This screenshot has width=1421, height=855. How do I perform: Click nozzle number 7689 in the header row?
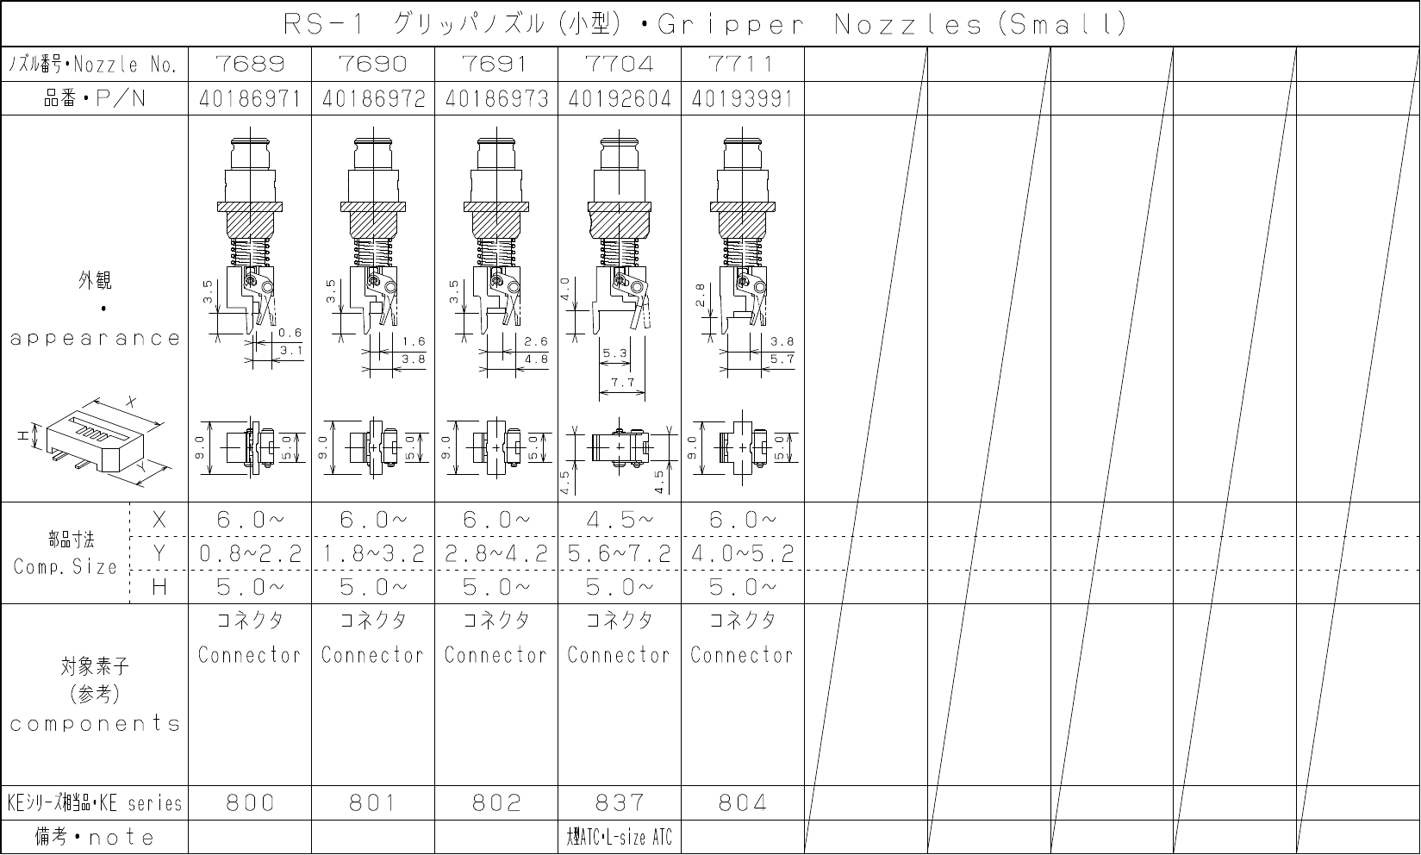[x=250, y=64]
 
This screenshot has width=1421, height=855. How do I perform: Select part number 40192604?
[x=620, y=99]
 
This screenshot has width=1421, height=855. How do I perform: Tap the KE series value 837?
[x=620, y=803]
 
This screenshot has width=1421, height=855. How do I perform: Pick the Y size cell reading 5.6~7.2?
[x=620, y=554]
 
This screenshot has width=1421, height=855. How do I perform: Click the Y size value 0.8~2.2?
[x=250, y=554]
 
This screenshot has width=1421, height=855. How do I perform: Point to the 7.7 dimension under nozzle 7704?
[x=623, y=383]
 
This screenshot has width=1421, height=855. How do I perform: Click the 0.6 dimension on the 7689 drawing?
[x=290, y=333]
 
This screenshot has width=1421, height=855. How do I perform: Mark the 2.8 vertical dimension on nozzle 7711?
[x=701, y=295]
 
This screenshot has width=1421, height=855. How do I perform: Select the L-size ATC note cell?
[x=619, y=837]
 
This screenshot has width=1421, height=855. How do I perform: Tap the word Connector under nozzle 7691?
[x=496, y=654]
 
